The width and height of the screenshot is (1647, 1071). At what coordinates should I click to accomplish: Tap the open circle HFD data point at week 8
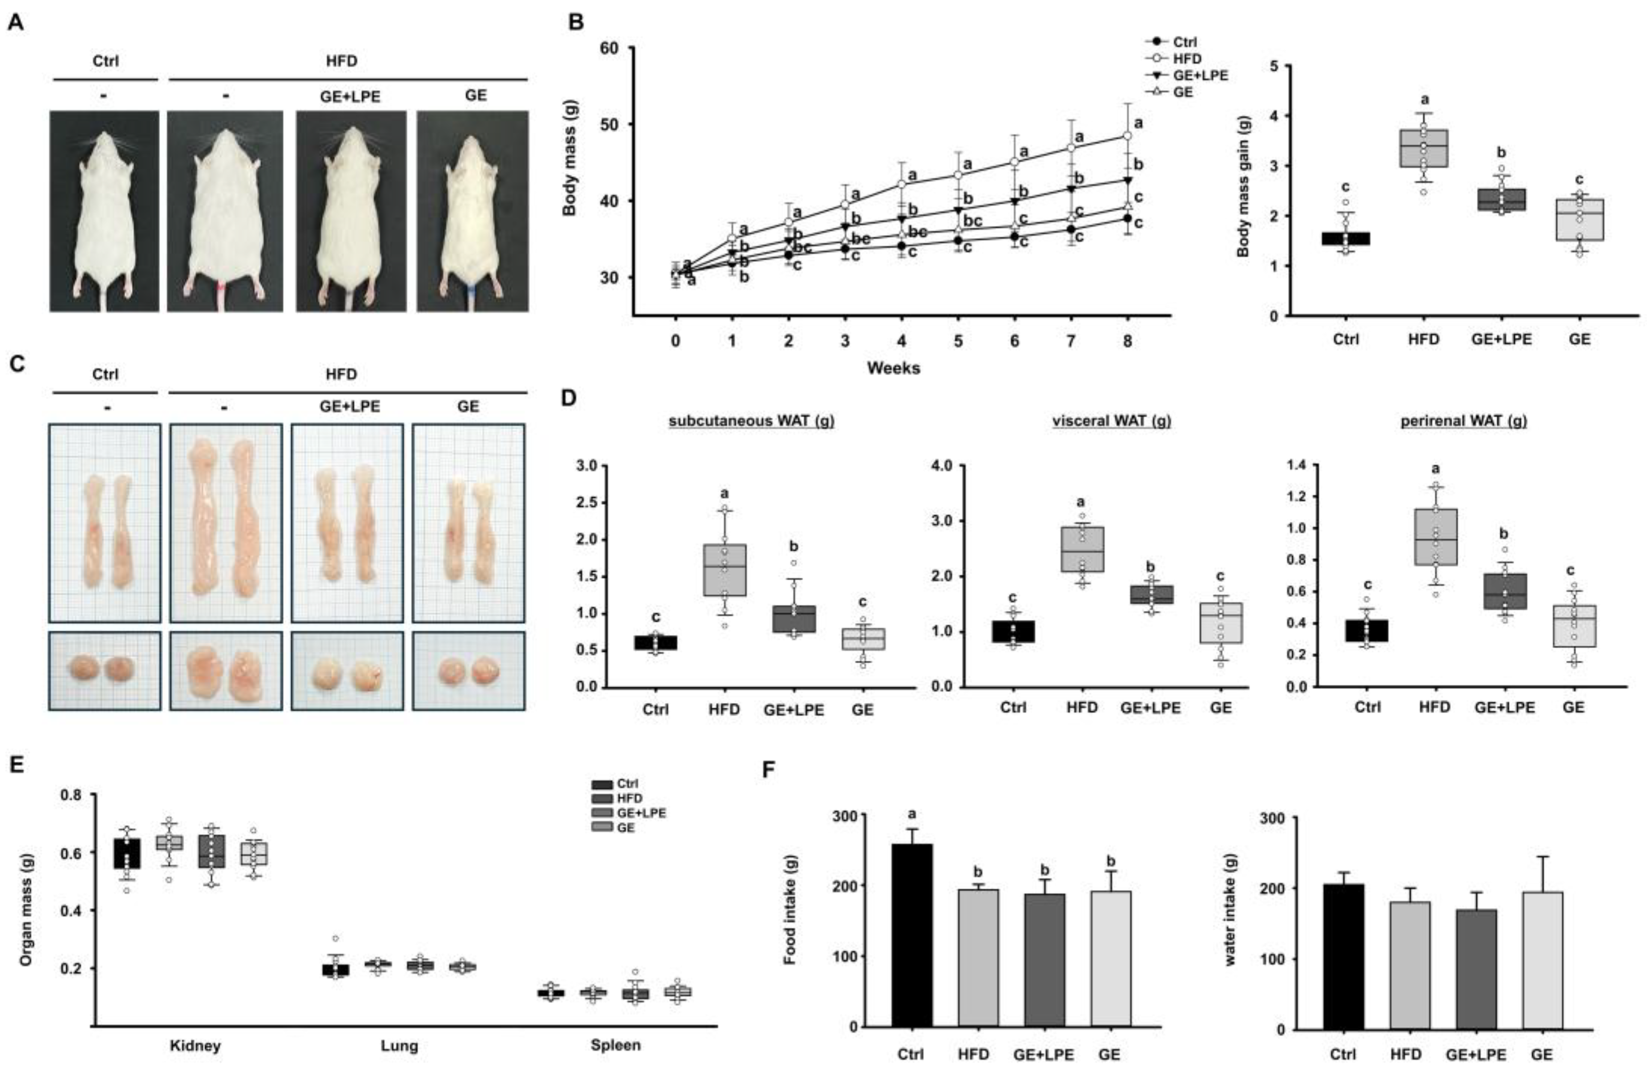(x=1127, y=136)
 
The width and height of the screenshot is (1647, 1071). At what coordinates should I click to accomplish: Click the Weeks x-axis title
(x=893, y=368)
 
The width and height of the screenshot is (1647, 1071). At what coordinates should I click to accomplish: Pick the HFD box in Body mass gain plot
(x=1424, y=148)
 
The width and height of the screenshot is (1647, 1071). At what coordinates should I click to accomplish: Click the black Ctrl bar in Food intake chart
(x=912, y=934)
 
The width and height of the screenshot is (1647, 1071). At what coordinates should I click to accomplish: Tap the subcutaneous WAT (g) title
(x=751, y=421)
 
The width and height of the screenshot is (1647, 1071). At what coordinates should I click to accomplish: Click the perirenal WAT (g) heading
(x=1463, y=421)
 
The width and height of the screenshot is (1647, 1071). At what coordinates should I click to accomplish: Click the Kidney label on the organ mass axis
(x=195, y=1045)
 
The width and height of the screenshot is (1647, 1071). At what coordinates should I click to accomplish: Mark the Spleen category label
(x=615, y=1045)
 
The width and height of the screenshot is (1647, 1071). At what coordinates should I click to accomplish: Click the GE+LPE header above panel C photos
(x=350, y=406)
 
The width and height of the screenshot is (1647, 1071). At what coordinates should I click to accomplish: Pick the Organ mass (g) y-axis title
(x=26, y=909)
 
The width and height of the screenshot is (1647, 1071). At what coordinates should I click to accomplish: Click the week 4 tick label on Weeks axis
(x=901, y=341)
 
